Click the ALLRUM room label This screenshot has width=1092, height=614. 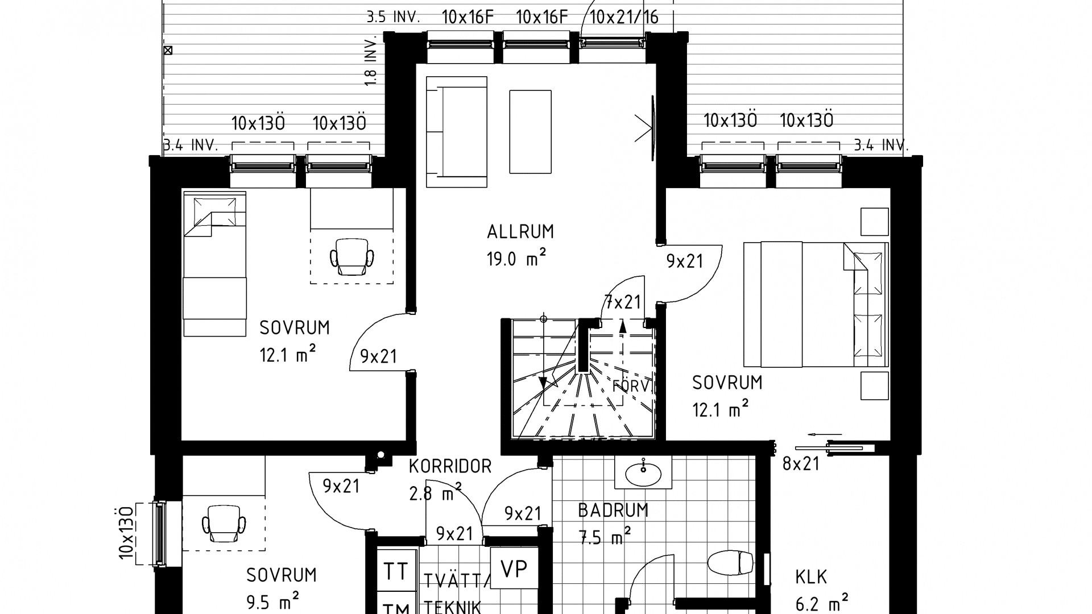[520, 232]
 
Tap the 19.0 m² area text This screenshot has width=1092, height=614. [516, 259]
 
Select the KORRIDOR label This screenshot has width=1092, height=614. [450, 467]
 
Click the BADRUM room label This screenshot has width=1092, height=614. [613, 511]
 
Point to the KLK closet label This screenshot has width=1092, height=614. [811, 578]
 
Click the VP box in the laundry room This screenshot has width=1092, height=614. [514, 568]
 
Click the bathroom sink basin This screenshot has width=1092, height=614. [643, 472]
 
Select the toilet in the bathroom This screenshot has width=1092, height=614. [730, 563]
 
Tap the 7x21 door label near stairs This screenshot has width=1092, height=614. [623, 302]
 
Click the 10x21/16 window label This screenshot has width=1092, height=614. [624, 17]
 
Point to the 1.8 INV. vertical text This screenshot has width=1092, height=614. [370, 61]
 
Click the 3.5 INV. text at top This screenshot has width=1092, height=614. [393, 17]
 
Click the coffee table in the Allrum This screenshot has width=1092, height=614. [530, 131]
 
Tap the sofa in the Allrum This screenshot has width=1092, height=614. [456, 132]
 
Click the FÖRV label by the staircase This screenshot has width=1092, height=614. [631, 387]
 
